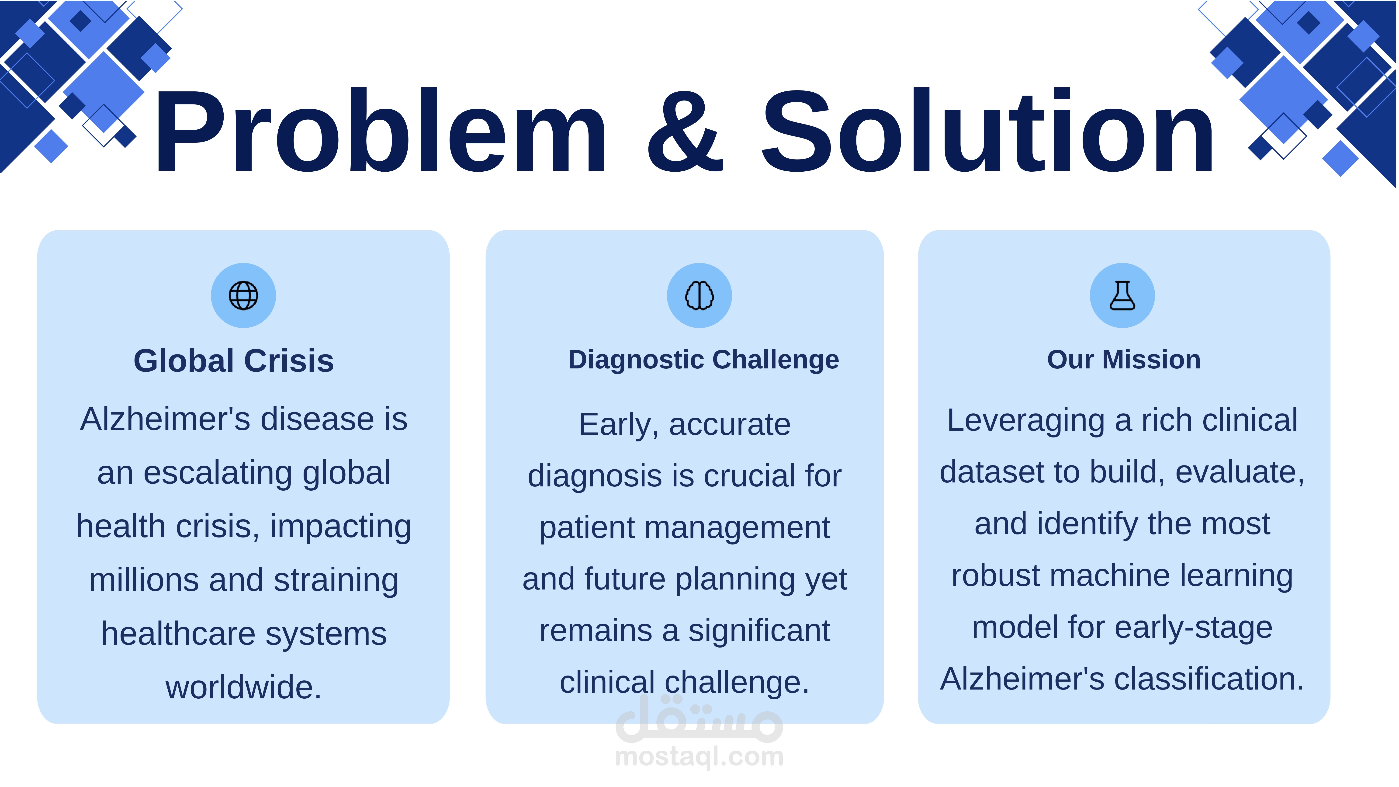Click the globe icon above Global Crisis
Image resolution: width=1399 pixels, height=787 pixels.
coord(243,295)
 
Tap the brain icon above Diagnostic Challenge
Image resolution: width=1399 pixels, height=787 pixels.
coord(699,295)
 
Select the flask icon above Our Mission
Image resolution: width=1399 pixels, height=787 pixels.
coord(1122,295)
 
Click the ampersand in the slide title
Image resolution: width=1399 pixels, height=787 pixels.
coord(685,131)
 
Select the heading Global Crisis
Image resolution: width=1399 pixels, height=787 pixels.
coord(234,361)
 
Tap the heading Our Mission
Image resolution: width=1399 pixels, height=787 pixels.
coord(1124,360)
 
